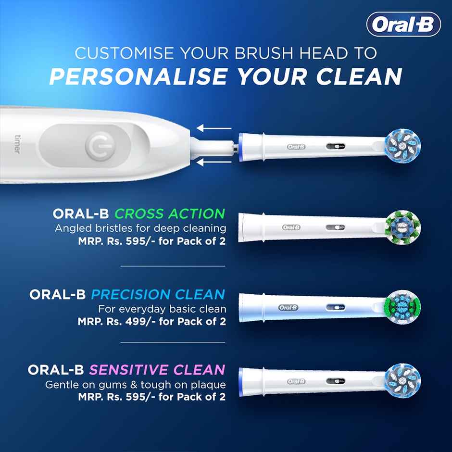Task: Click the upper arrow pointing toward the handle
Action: point(214,128)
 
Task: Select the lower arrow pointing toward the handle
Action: point(214,163)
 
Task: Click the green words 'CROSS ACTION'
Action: point(170,213)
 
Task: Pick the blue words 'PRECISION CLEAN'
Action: point(158,294)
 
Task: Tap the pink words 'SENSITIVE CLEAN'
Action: point(157,370)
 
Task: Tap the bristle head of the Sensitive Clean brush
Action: point(403,382)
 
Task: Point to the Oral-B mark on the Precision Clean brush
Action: point(289,307)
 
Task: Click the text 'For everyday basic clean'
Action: point(162,308)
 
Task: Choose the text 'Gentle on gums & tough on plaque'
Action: point(136,385)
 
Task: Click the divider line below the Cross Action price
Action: point(173,265)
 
